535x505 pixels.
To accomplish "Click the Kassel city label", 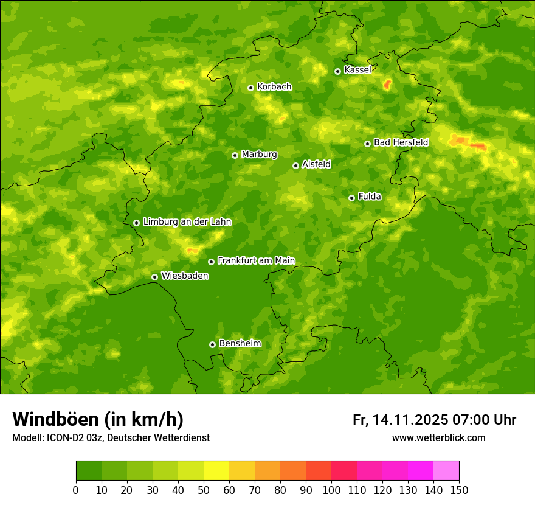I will [x=357, y=70].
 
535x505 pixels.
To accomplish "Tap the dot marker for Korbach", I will [x=250, y=88].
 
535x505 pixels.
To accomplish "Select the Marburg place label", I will [x=259, y=155].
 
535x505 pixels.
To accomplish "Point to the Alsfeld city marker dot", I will [x=296, y=165].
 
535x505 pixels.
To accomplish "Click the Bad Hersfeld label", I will [x=401, y=142].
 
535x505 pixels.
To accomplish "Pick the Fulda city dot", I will [x=351, y=198].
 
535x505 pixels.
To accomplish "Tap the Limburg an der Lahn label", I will [x=187, y=222].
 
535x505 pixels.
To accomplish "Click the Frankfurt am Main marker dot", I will [x=211, y=262].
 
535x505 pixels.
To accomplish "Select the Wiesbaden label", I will [x=184, y=276].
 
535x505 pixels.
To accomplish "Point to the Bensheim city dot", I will [x=212, y=344].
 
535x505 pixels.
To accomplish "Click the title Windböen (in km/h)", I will [x=98, y=419].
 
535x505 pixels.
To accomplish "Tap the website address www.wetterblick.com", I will [x=438, y=437].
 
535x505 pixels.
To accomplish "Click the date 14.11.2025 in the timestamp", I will [x=410, y=420].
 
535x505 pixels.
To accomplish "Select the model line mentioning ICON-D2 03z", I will [x=111, y=437].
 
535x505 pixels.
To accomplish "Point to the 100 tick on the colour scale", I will [x=331, y=490].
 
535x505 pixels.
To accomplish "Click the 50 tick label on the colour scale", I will [x=204, y=490].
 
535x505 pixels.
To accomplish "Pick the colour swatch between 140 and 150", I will [x=446, y=471].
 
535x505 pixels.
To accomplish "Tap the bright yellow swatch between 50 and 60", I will [x=216, y=471].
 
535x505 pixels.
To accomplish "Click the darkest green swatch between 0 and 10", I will [x=89, y=471].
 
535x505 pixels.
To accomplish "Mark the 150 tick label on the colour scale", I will [x=459, y=490].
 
